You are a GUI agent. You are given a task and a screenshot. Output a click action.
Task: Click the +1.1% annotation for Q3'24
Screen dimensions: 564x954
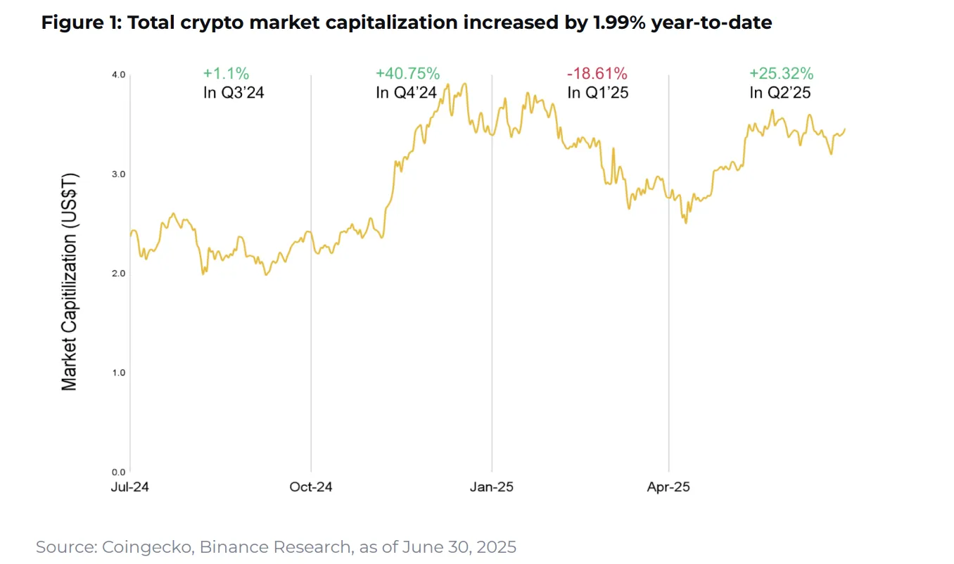(x=226, y=73)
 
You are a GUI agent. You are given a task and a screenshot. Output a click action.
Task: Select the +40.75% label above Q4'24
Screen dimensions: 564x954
(x=407, y=73)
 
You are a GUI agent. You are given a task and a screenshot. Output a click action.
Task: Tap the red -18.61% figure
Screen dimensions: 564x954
(x=597, y=73)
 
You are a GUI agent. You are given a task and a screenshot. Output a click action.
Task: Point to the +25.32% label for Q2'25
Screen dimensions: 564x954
(x=782, y=73)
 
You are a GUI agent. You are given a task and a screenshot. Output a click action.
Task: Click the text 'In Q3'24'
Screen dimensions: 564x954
(x=234, y=92)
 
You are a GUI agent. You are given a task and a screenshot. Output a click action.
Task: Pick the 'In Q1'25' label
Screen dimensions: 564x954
(x=597, y=92)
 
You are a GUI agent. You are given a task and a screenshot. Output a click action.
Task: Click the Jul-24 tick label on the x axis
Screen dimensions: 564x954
(x=130, y=487)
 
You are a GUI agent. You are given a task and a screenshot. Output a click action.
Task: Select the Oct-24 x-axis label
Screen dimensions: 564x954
(x=311, y=487)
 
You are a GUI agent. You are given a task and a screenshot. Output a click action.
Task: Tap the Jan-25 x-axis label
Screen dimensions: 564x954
(x=492, y=487)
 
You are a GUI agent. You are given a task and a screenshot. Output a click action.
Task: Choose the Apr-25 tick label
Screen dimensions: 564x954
(x=668, y=487)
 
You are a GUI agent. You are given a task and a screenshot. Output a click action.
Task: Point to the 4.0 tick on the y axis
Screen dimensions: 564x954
(x=118, y=75)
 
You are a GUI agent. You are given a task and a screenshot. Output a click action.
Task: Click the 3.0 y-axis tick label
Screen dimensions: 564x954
(x=118, y=174)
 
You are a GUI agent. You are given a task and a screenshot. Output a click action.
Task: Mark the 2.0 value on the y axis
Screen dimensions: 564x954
(x=118, y=273)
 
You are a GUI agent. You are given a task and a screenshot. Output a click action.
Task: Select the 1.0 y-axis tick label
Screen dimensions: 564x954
(x=118, y=372)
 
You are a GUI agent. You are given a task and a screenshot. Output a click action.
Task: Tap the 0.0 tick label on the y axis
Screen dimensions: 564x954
(x=118, y=471)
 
